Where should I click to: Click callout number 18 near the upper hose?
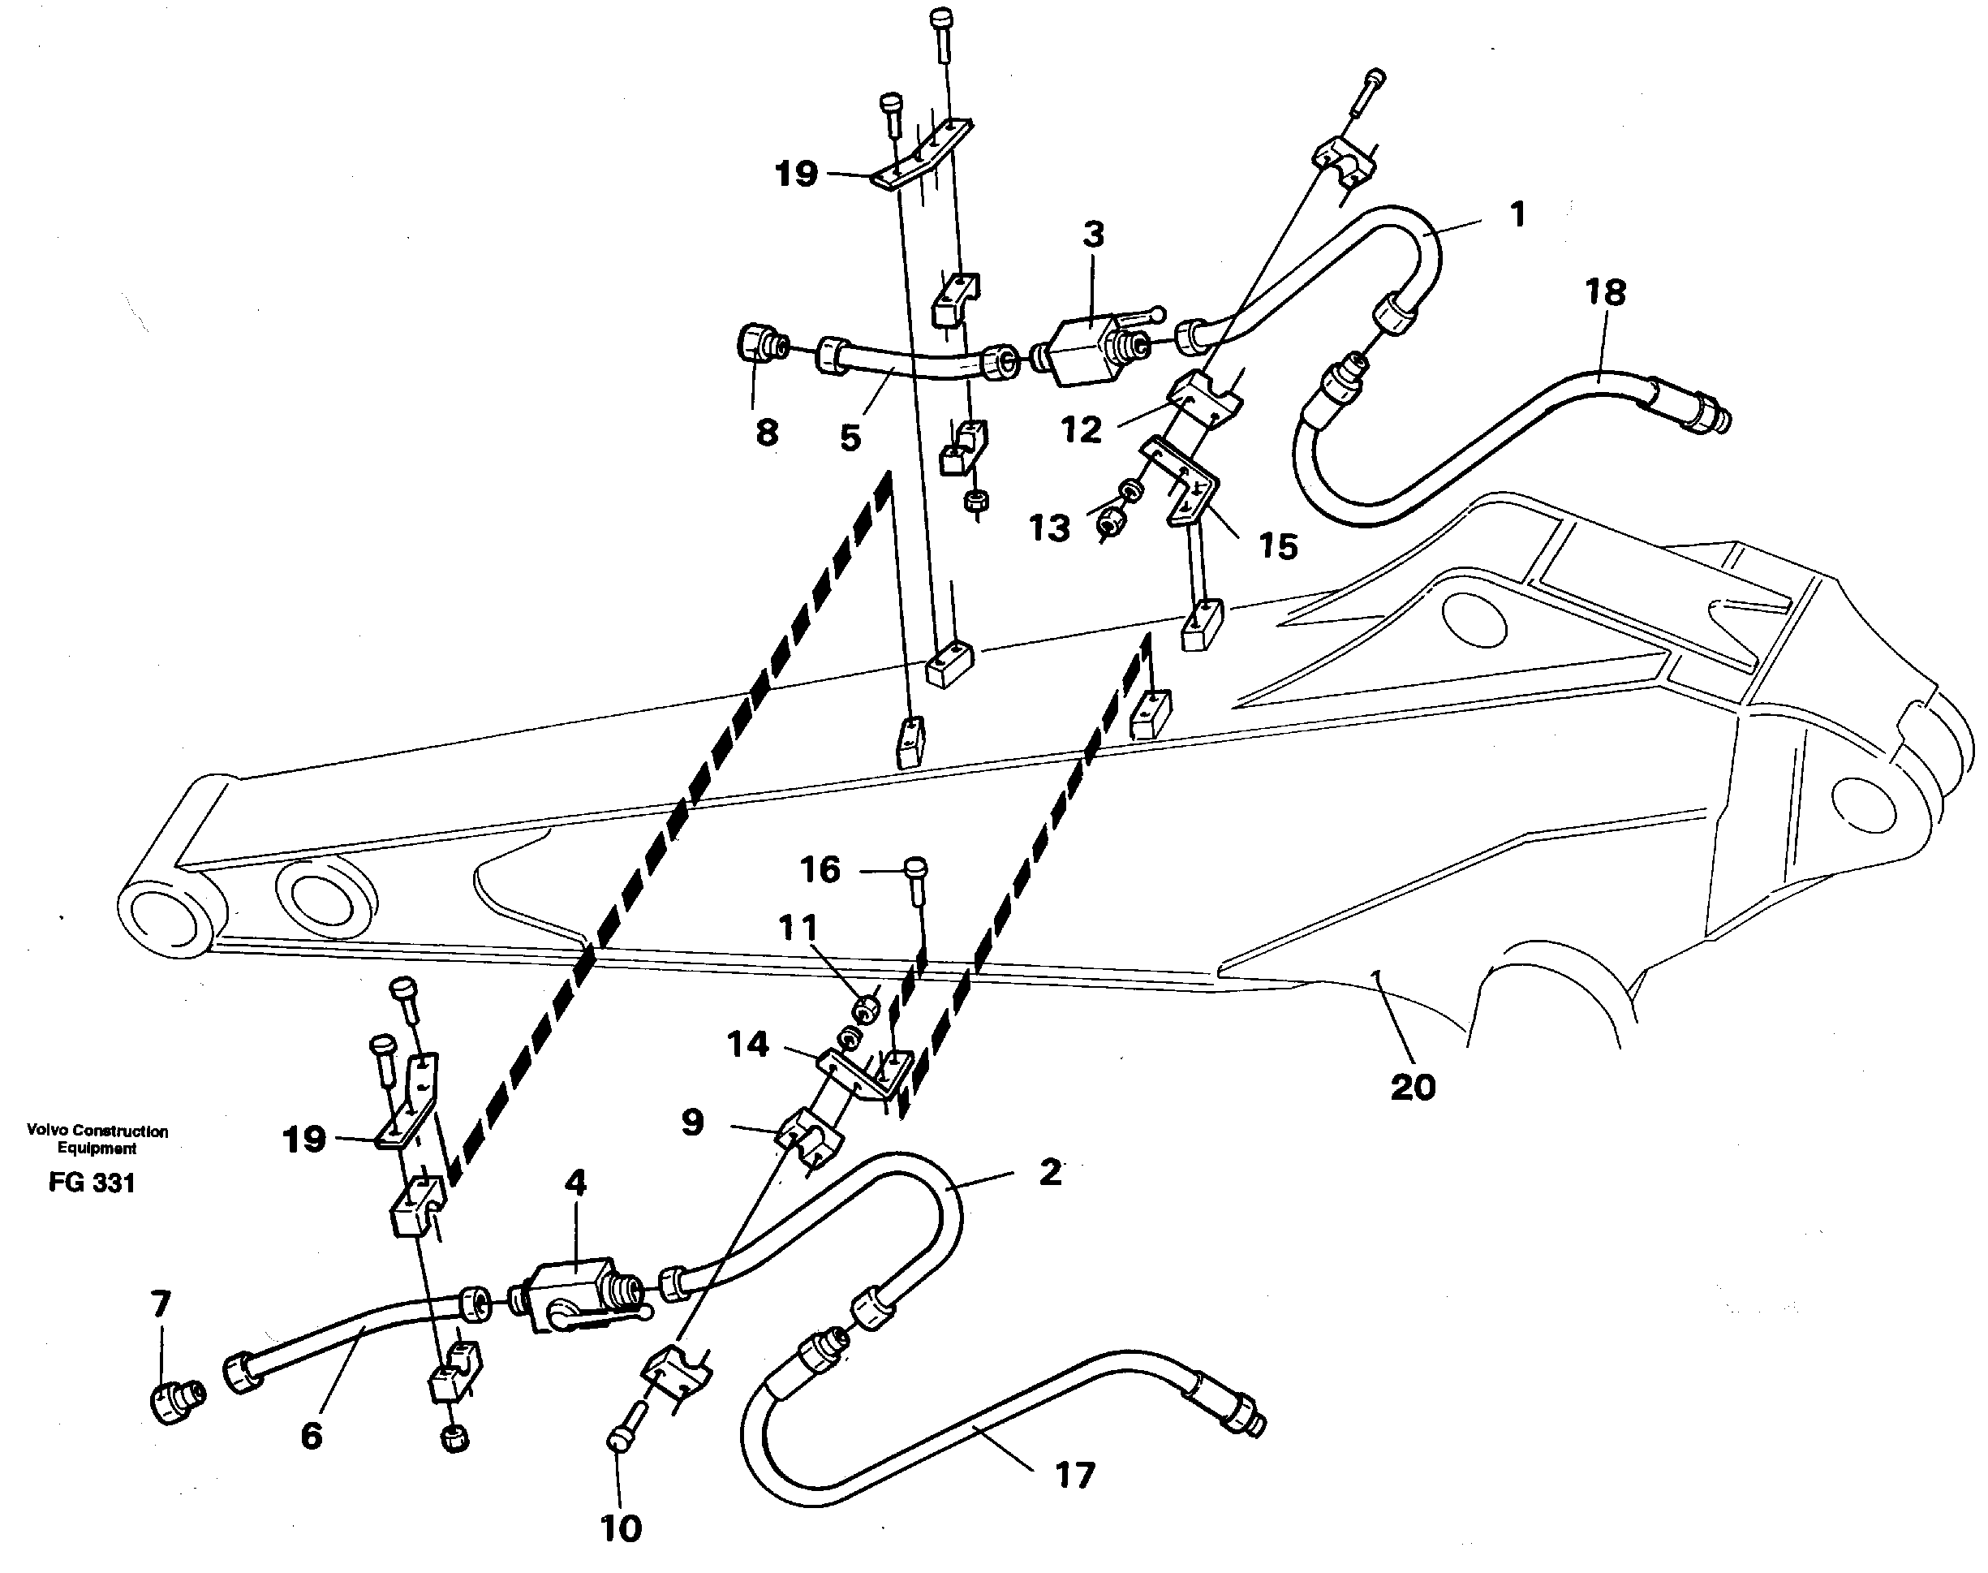coord(1605,293)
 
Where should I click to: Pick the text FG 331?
coord(92,1183)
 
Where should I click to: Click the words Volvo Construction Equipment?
coord(97,1140)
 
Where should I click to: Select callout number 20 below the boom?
coord(1413,1088)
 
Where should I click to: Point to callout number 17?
coord(1074,1476)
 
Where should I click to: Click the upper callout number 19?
coord(795,173)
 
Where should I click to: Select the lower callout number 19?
coord(303,1140)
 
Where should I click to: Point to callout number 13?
coord(1049,528)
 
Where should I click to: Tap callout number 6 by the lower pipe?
coord(312,1435)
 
